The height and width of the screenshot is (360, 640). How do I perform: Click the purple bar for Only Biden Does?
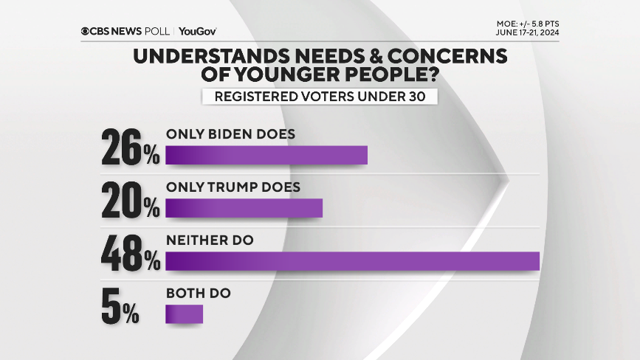266,156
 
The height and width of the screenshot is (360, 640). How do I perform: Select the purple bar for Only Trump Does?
244,209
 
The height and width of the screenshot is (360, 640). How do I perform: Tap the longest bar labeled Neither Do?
353,262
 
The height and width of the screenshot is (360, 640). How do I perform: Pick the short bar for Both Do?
184,315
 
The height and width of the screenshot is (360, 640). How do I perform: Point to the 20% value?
130,201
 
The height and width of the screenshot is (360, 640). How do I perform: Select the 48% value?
130,254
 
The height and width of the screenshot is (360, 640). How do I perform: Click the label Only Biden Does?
230,134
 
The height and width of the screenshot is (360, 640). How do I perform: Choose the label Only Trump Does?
233,187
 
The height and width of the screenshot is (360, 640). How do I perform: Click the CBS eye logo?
86,31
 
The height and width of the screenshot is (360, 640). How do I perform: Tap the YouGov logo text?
197,31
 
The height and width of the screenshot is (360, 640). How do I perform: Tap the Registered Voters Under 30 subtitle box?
320,97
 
